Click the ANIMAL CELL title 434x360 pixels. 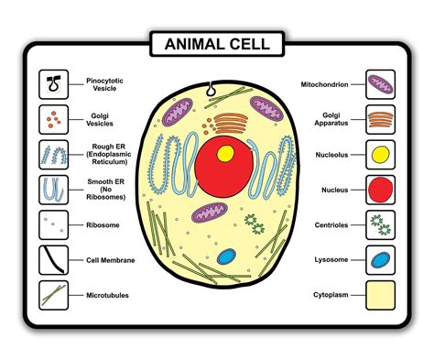(x=216, y=42)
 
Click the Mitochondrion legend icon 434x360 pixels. (x=380, y=84)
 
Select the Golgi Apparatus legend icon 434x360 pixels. (x=380, y=119)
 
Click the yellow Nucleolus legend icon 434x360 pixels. (x=380, y=154)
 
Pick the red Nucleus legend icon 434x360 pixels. (x=380, y=190)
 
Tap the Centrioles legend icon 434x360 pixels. (x=380, y=224)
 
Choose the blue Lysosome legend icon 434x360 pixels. (x=380, y=260)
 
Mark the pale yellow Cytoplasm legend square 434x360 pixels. (x=380, y=295)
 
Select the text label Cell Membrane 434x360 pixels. (x=111, y=260)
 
